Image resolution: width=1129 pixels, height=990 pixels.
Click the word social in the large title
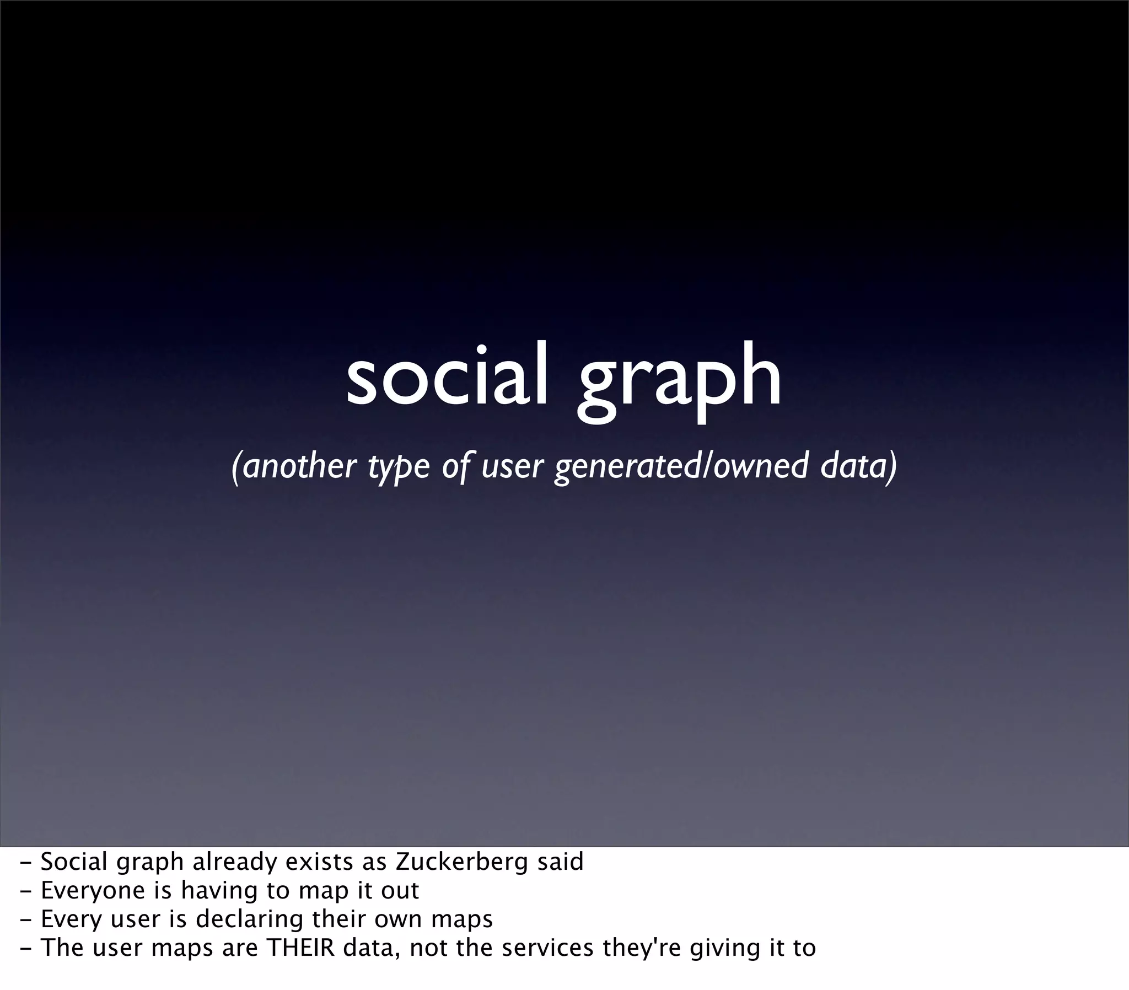click(447, 375)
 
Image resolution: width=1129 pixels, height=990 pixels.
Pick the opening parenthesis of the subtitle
click(236, 467)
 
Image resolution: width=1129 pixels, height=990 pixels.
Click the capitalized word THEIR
click(300, 949)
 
